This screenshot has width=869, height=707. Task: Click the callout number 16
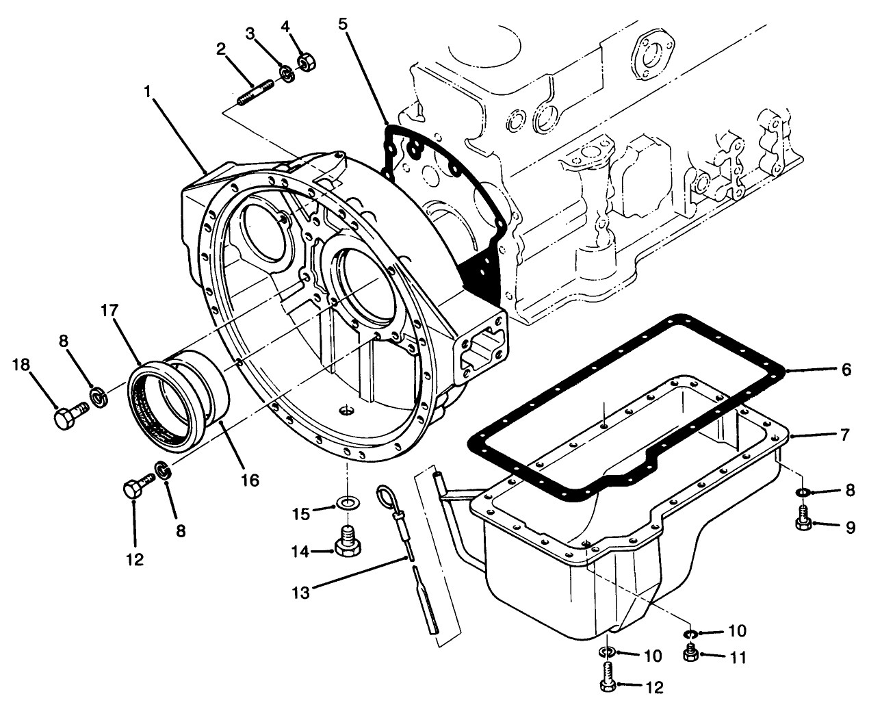(250, 480)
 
